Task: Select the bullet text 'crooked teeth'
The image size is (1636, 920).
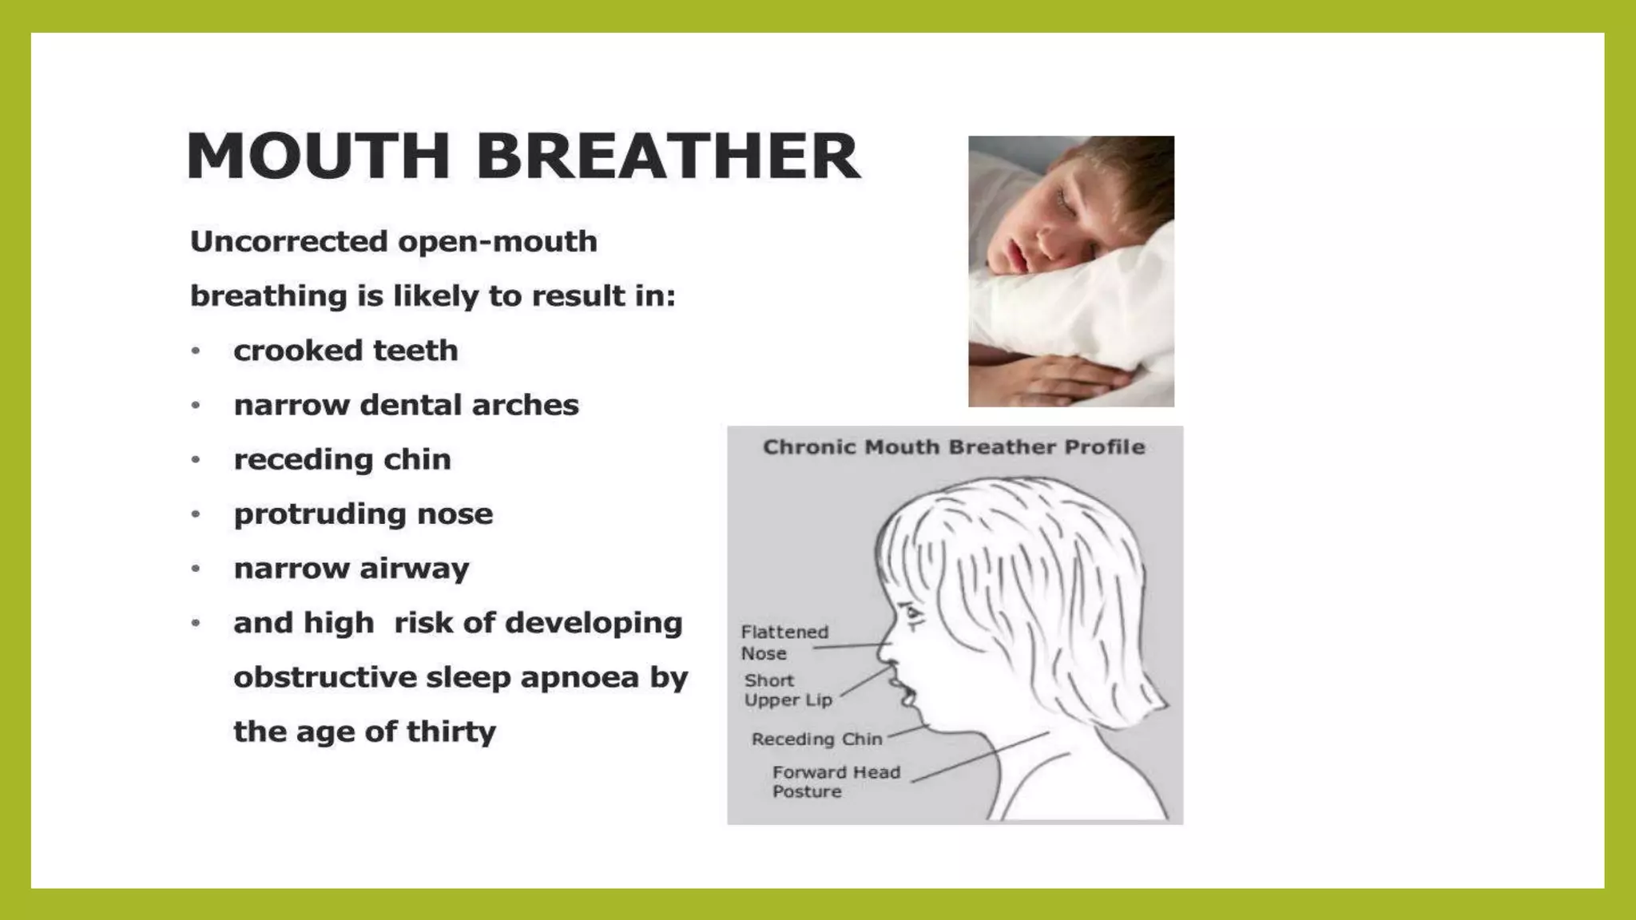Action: click(345, 351)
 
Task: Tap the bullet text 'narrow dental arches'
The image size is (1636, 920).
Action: click(406, 405)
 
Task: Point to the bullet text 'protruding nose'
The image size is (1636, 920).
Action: click(363, 514)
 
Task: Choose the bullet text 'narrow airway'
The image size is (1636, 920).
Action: click(351, 569)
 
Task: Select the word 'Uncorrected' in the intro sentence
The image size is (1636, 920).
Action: click(288, 241)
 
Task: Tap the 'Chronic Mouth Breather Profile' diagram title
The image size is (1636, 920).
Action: click(954, 447)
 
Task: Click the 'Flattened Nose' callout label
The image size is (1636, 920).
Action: click(783, 642)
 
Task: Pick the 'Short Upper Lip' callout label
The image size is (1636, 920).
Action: click(788, 690)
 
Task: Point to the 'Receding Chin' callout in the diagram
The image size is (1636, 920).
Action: click(816, 740)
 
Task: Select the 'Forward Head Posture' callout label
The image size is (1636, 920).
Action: click(835, 782)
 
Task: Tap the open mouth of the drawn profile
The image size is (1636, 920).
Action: click(906, 693)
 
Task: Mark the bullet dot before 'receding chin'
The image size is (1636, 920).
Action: click(196, 460)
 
